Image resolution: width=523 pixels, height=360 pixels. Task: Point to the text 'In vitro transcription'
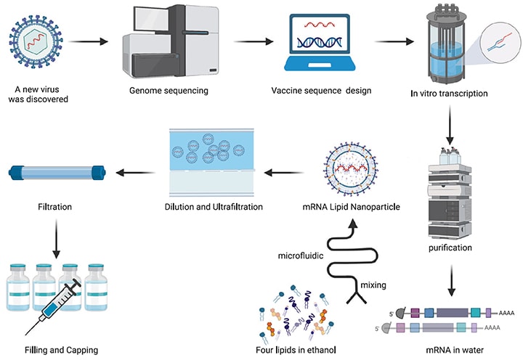(449, 94)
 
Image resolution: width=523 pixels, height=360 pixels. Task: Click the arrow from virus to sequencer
(88, 41)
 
